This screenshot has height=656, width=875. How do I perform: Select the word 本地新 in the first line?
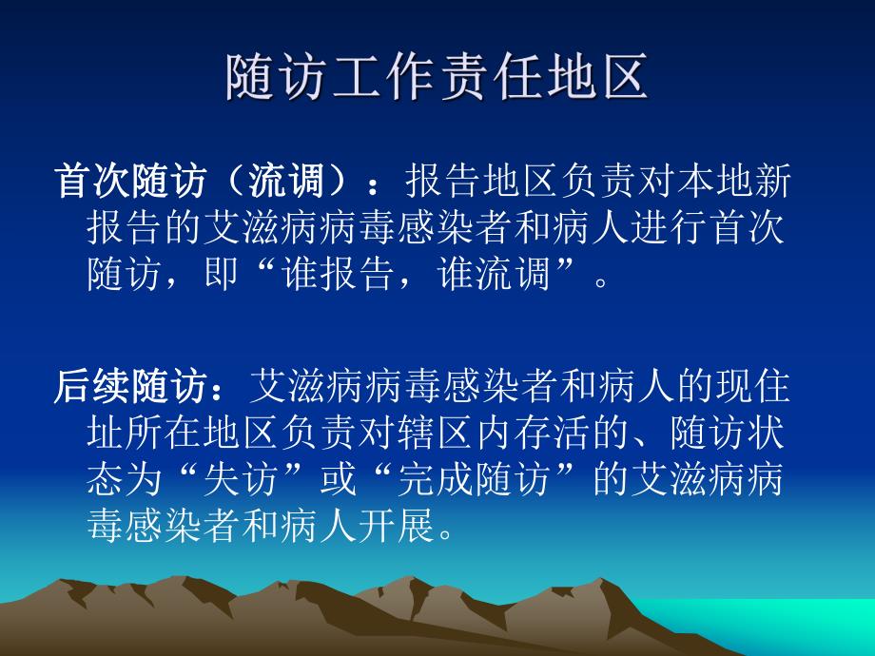(744, 181)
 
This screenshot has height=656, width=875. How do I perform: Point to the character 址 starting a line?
(104, 434)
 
